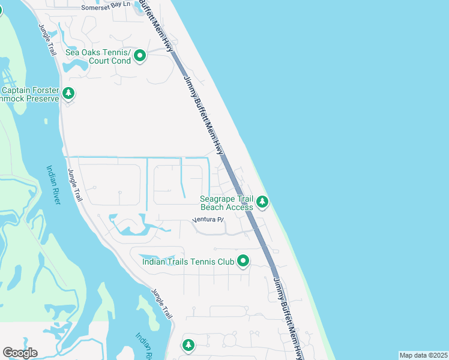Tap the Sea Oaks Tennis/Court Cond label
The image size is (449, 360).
click(98, 56)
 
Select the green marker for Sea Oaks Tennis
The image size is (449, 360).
click(140, 56)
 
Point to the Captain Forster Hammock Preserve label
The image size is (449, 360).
click(30, 94)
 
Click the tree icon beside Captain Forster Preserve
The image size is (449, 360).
click(68, 94)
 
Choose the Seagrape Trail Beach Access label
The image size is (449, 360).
click(226, 203)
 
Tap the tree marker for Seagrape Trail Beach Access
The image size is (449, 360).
click(262, 203)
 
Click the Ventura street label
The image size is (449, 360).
click(208, 220)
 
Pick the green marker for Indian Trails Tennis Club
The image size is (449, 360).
click(243, 261)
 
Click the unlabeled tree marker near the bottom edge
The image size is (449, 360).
click(188, 346)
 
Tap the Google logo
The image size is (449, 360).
click(20, 353)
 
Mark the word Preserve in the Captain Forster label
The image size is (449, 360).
click(43, 98)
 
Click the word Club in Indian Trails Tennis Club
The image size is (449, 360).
click(221, 261)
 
